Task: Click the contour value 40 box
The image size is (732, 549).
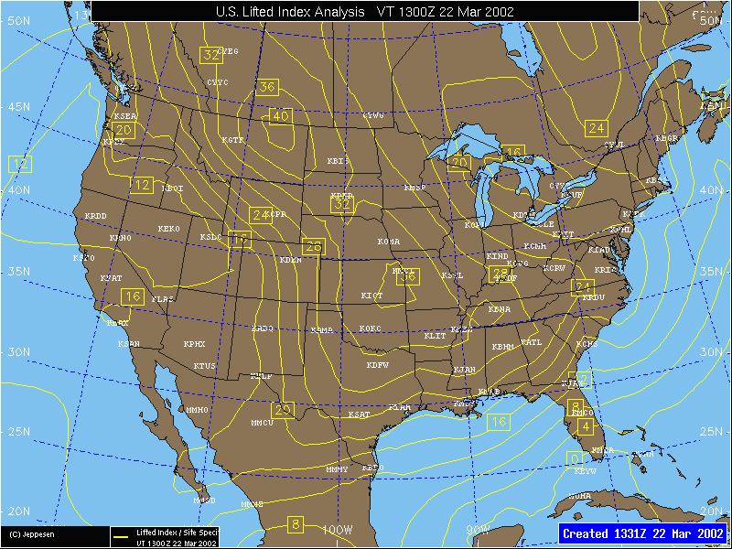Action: pyautogui.click(x=280, y=116)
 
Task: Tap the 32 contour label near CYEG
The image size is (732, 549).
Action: pyautogui.click(x=212, y=55)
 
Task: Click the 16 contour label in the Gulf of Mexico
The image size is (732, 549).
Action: pyautogui.click(x=498, y=422)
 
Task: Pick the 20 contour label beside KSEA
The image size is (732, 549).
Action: pyautogui.click(x=124, y=131)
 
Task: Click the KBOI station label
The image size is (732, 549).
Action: pyautogui.click(x=172, y=188)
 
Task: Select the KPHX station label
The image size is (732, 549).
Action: pyautogui.click(x=194, y=345)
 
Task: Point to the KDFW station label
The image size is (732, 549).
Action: pyautogui.click(x=377, y=365)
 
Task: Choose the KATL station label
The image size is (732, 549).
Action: pyautogui.click(x=531, y=342)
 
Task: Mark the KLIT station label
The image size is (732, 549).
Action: pyautogui.click(x=435, y=337)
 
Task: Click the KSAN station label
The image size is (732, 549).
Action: pyautogui.click(x=129, y=344)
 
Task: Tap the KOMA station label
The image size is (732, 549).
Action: pyautogui.click(x=389, y=242)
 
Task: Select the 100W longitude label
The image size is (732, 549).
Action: pyautogui.click(x=338, y=530)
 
